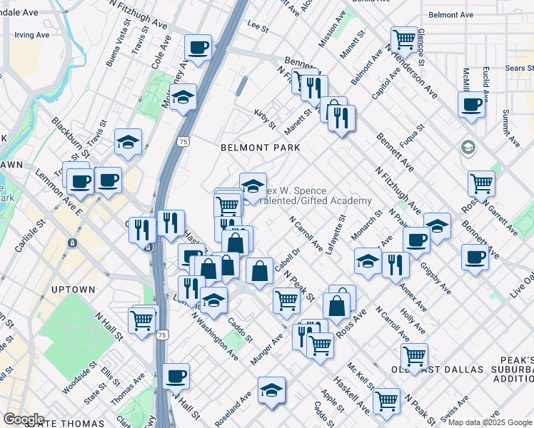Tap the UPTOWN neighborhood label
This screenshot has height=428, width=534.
pos(74,290)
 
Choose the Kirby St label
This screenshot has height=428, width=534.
pos(265,118)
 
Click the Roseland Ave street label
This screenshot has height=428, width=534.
pos(235,404)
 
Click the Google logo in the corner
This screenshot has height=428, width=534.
pos(23,419)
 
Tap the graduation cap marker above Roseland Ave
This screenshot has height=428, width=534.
pos(271,389)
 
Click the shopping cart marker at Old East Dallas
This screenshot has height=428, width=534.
pos(414,355)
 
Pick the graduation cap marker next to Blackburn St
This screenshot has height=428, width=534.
pos(129,142)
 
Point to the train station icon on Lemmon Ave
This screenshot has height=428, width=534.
pos(72,243)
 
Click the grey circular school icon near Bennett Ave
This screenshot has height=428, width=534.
pos(468,148)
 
